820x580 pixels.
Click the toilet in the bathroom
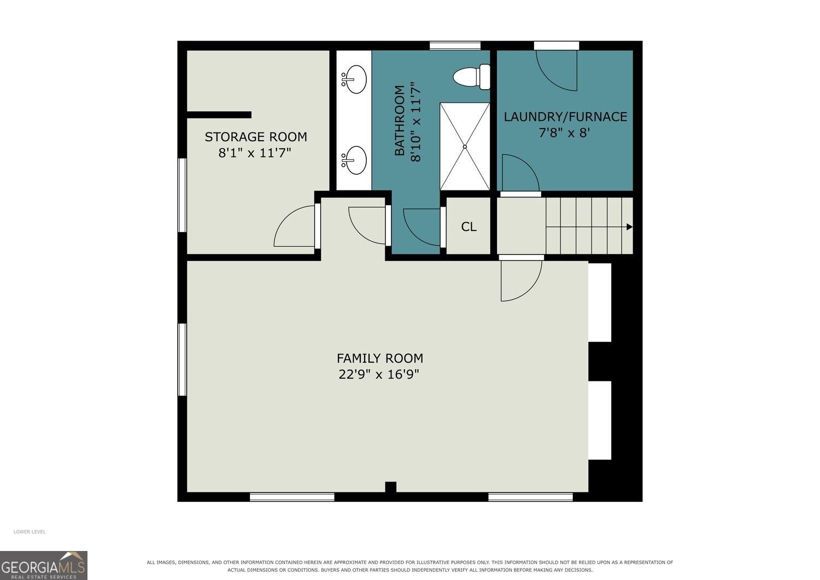point(472,77)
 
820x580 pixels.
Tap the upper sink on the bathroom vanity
point(354,79)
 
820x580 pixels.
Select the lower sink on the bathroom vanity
point(354,160)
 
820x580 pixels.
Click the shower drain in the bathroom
point(465,147)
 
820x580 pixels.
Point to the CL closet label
point(468,227)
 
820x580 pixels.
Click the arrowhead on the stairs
point(630,227)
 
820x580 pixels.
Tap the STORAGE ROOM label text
point(255,137)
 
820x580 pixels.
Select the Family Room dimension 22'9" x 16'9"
point(379,374)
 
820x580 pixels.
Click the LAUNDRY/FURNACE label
point(565,117)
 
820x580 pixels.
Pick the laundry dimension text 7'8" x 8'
point(564,132)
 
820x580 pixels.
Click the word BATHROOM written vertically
point(400,120)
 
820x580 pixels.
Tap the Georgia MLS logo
point(44,565)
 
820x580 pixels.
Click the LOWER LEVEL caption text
point(30,532)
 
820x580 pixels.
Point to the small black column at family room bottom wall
point(391,486)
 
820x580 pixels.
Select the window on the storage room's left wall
point(182,195)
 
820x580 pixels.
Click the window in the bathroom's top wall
point(455,46)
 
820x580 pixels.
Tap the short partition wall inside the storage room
point(219,115)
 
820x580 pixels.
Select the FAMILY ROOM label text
point(380,358)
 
